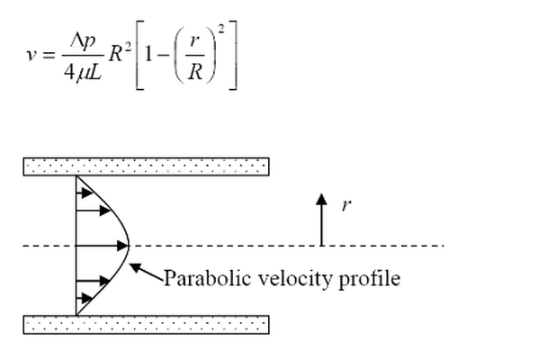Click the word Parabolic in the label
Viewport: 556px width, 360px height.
208,278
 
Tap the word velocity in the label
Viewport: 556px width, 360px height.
295,279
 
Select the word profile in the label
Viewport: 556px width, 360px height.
370,279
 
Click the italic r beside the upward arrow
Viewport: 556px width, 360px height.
346,205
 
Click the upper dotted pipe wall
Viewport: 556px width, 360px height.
146,166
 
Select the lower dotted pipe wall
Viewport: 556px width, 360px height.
146,325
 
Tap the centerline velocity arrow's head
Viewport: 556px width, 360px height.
122,246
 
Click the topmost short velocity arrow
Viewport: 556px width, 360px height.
85,193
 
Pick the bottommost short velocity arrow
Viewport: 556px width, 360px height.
85,298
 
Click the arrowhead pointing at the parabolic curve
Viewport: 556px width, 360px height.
135,267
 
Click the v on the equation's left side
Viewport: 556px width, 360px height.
31,55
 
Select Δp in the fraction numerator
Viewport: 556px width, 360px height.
83,40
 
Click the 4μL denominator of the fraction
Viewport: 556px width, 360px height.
83,72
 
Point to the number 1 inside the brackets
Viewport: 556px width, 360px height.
148,55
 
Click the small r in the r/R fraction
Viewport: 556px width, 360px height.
193,40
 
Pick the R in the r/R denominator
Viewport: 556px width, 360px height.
195,72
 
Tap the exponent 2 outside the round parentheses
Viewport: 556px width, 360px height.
221,29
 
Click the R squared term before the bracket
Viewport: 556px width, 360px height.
120,53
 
